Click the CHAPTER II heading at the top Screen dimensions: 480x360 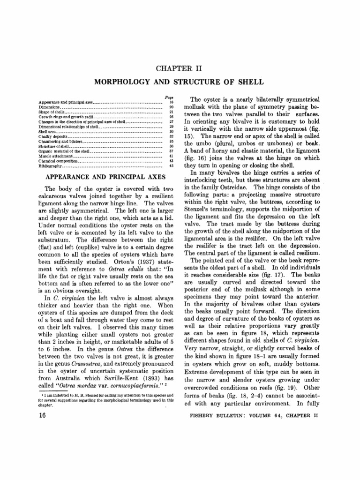[x=180, y=69]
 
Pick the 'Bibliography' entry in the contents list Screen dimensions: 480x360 [x=50, y=166]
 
